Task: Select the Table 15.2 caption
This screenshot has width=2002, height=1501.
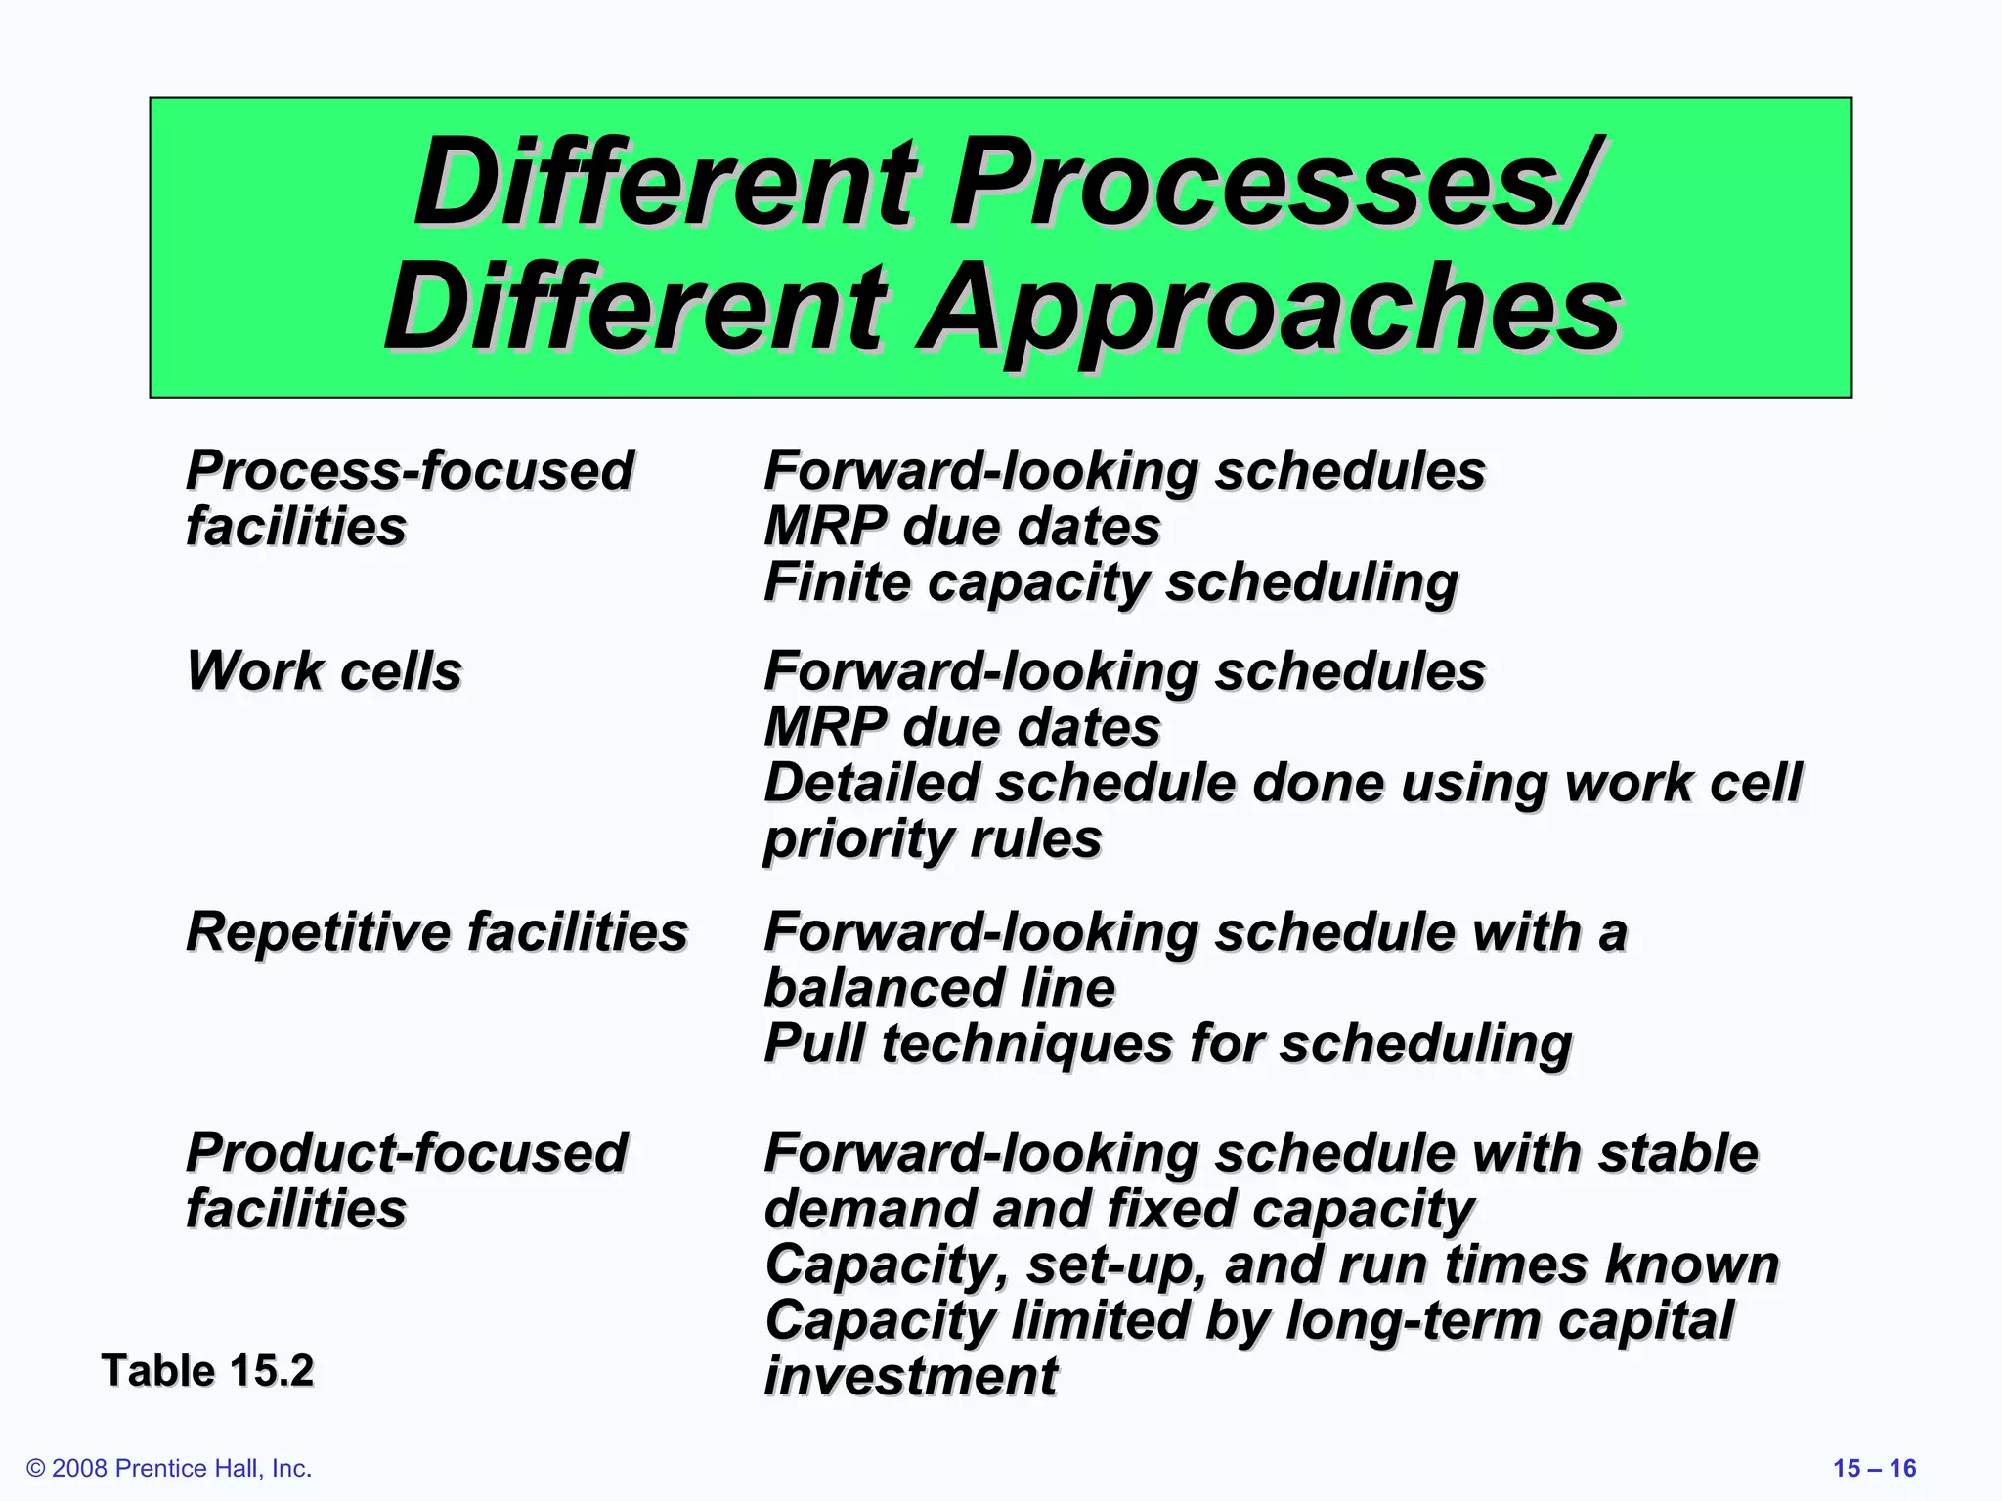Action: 207,1370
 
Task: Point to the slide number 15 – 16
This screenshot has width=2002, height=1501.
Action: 1874,1468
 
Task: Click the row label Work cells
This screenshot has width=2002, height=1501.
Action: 324,671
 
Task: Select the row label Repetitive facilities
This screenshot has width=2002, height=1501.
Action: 437,931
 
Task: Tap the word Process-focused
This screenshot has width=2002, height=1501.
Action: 410,470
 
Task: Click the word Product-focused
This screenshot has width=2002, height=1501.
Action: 407,1153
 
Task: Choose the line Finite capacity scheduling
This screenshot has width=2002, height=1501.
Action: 1110,582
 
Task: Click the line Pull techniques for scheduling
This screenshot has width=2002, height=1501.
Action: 1167,1043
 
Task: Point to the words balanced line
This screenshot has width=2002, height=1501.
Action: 938,988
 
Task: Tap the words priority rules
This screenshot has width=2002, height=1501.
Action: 933,839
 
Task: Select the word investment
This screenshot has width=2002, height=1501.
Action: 910,1376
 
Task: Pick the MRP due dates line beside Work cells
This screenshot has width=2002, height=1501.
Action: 962,727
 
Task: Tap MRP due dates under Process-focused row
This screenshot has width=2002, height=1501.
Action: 962,527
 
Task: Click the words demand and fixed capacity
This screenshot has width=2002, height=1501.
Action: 1119,1210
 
